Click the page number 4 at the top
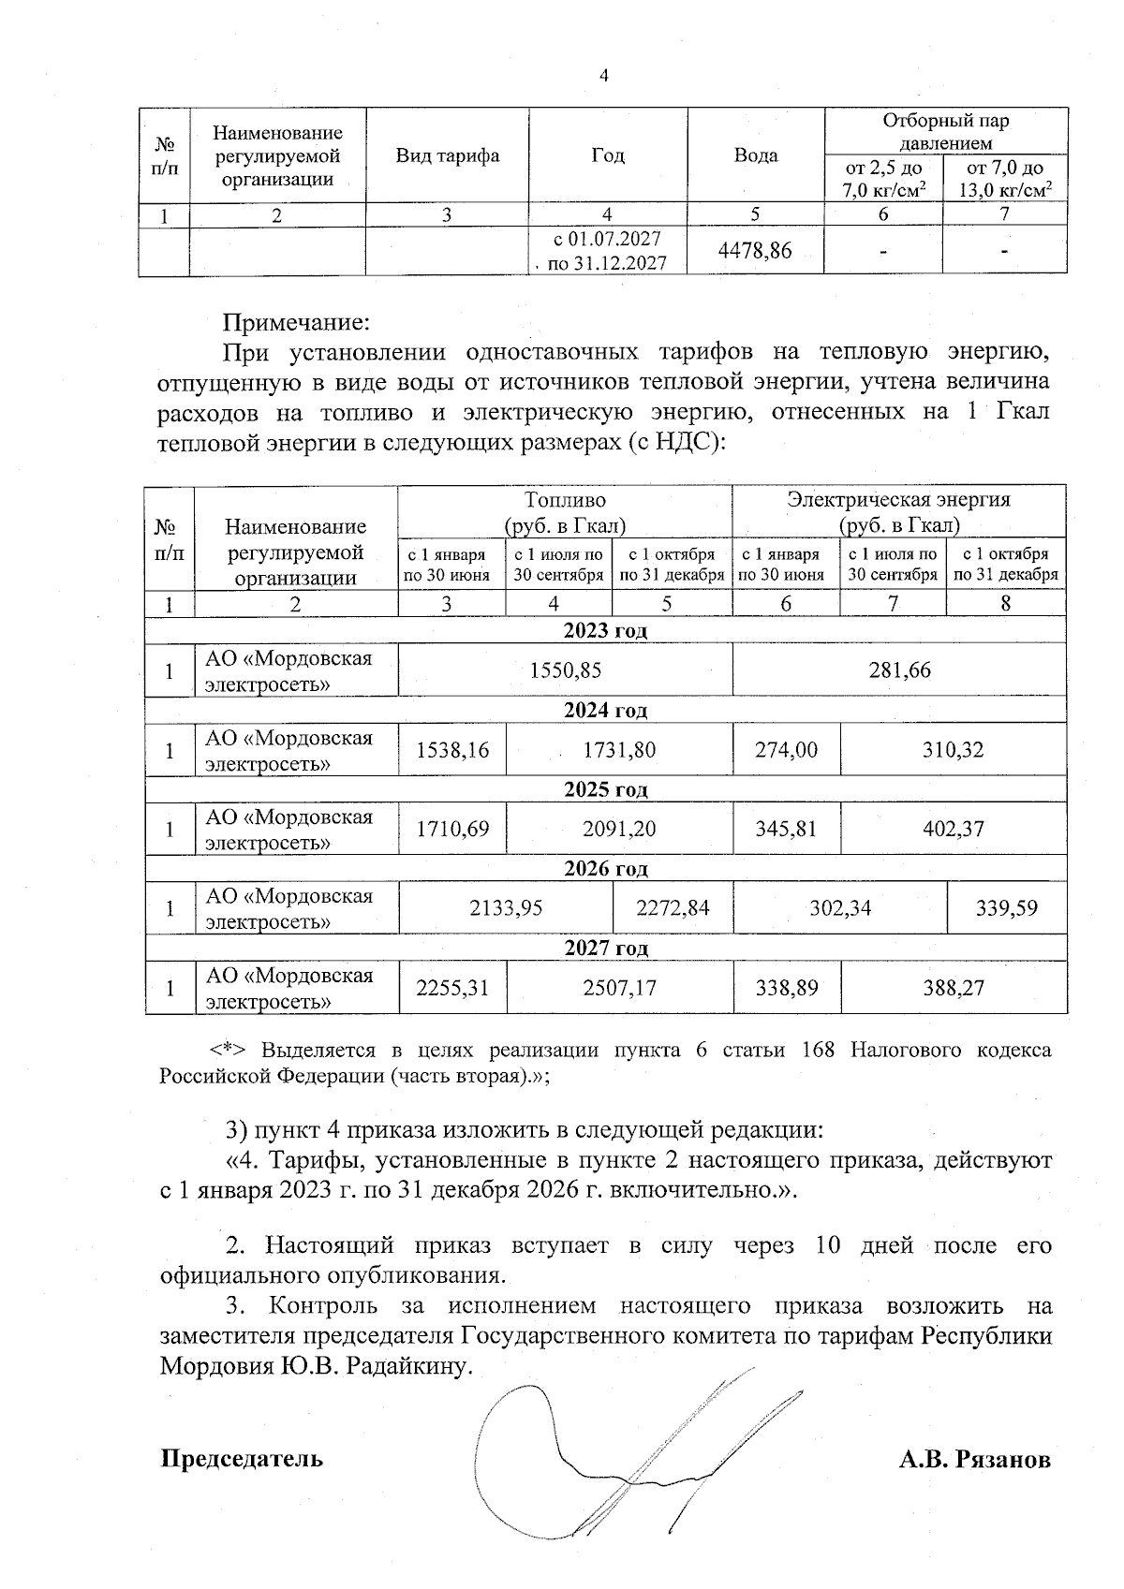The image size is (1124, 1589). (x=603, y=76)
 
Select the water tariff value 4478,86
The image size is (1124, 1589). (x=755, y=251)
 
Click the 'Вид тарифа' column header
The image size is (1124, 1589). (x=447, y=155)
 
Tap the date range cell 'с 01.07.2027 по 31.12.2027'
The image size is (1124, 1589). (x=607, y=251)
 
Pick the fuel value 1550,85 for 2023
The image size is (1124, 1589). (x=565, y=670)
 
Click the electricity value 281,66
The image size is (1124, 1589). (x=899, y=670)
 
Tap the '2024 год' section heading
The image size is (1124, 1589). (x=605, y=711)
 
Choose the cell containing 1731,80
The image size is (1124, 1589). (x=619, y=750)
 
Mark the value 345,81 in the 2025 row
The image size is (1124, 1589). (x=786, y=829)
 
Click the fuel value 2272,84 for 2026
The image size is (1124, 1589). (x=673, y=908)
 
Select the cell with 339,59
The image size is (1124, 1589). (x=1006, y=908)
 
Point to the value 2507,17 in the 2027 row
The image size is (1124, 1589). (x=619, y=988)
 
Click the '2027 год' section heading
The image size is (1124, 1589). (x=605, y=949)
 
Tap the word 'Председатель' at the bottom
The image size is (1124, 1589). (x=242, y=1459)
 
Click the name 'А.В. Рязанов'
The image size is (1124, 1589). (x=974, y=1460)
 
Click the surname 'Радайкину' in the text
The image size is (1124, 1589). (x=406, y=1366)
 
